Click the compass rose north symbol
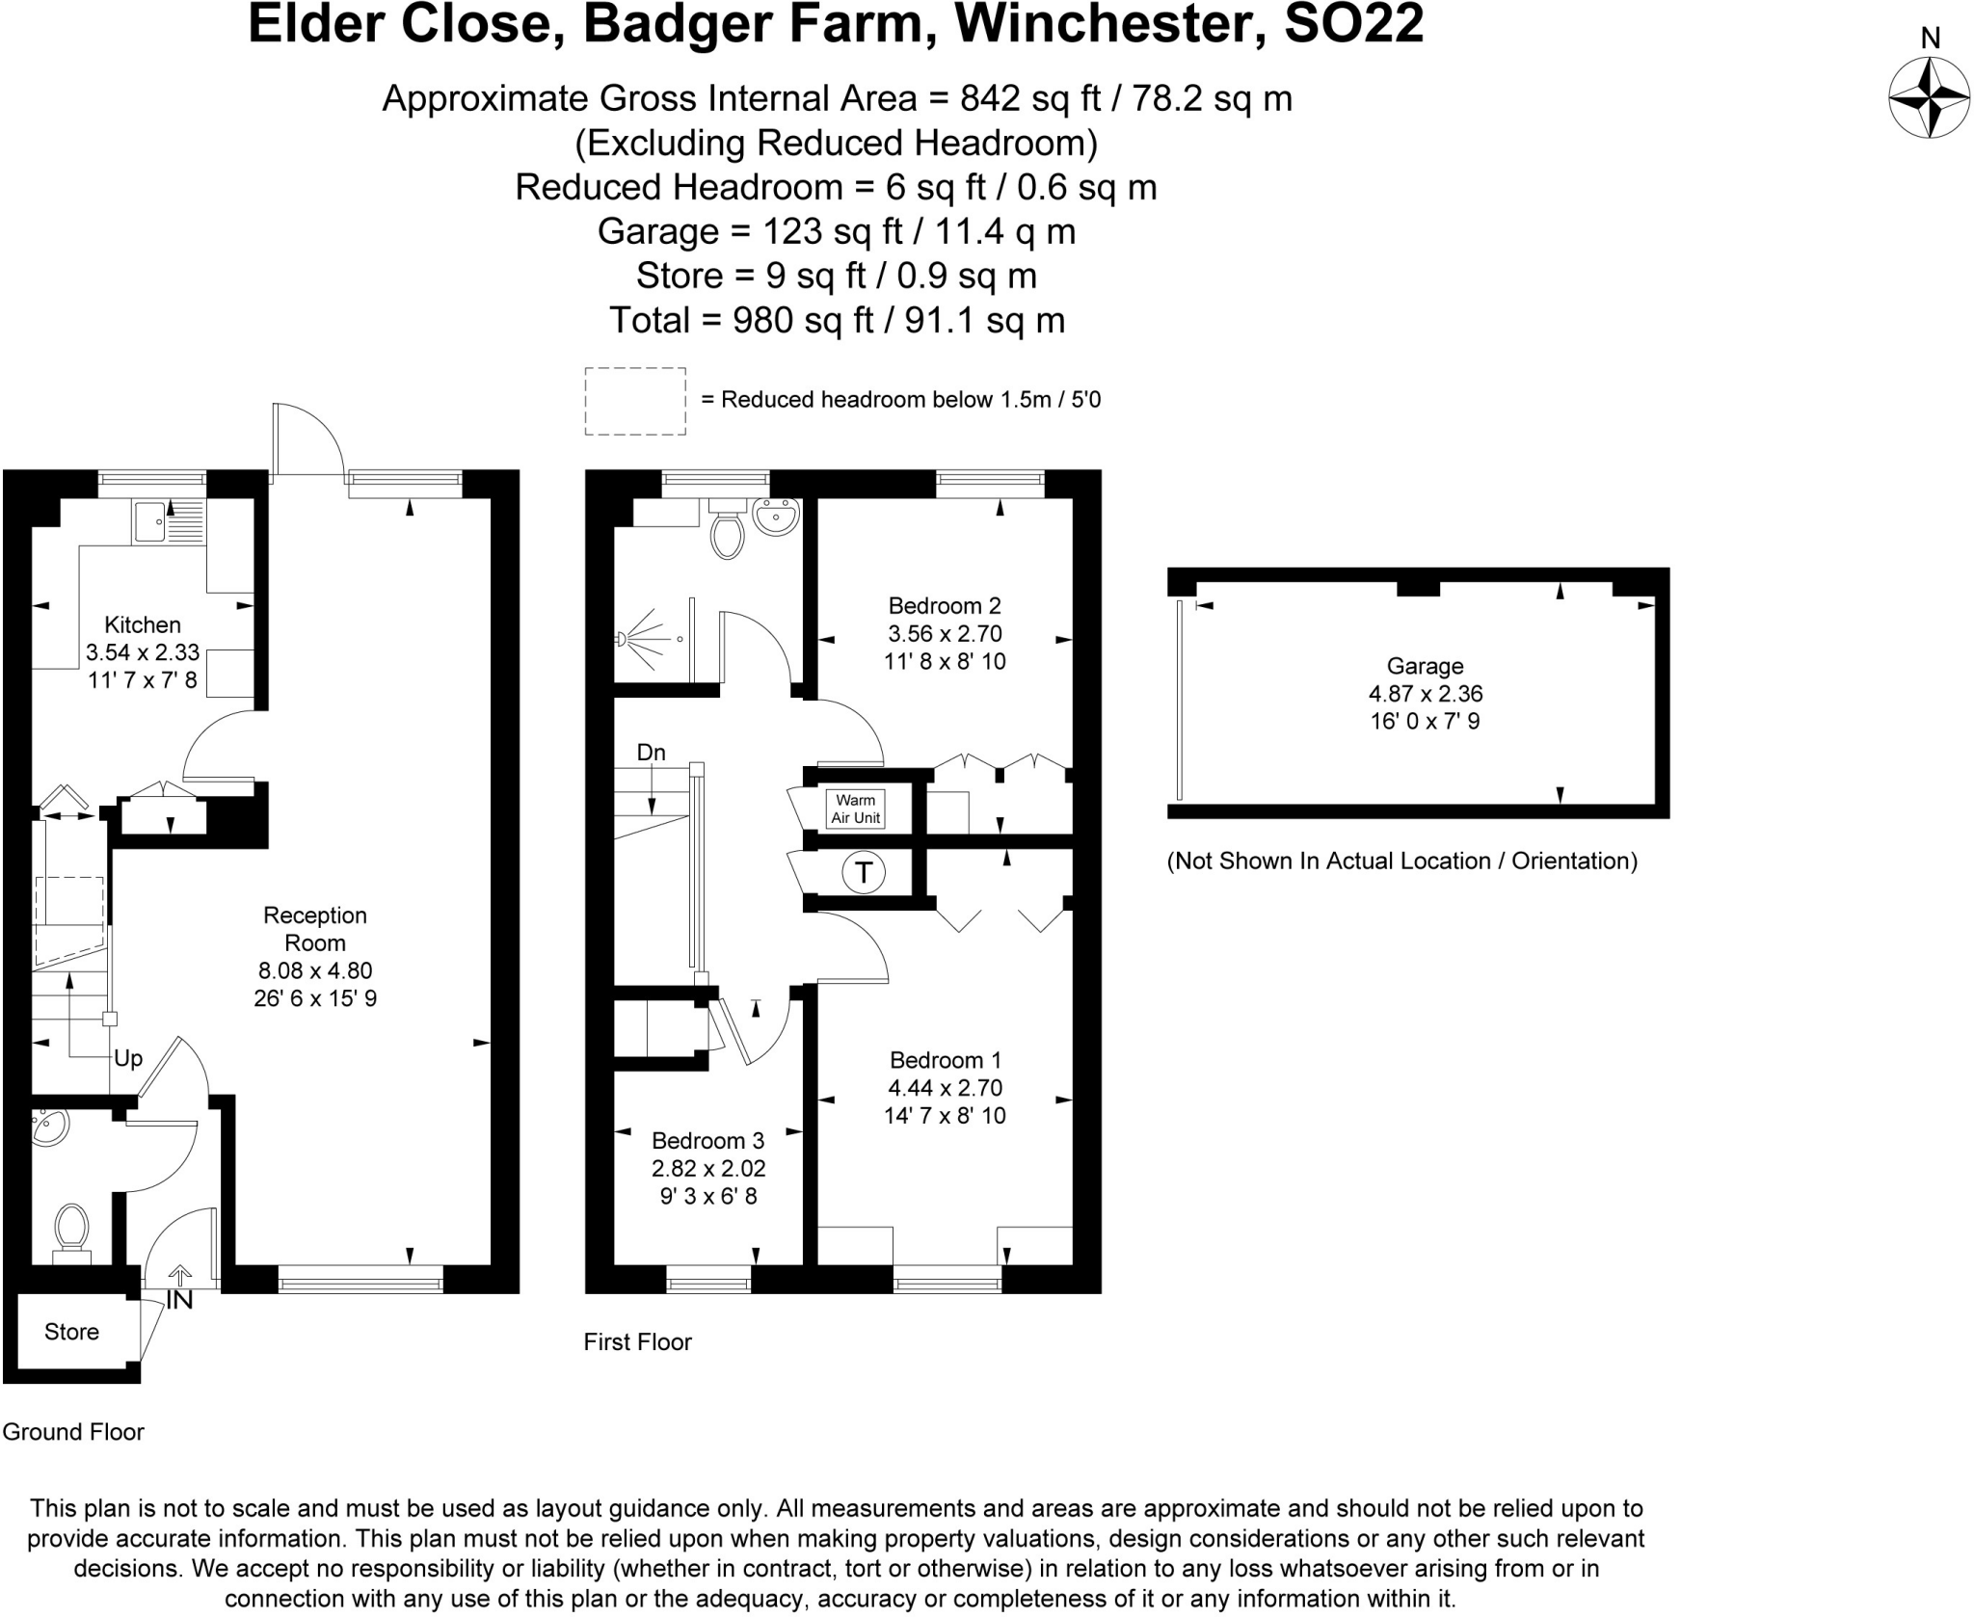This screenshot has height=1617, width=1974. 1929,97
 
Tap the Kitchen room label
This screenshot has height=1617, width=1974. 143,624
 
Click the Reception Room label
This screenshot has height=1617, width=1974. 315,929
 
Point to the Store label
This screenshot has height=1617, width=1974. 71,1332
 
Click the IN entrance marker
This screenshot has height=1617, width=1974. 179,1300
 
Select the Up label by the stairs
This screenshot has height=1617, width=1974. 128,1059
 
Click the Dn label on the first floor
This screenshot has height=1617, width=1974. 652,753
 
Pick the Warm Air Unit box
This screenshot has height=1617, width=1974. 855,808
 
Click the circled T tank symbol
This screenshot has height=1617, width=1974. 864,873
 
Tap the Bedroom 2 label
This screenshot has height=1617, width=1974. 945,606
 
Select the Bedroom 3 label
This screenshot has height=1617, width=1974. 708,1141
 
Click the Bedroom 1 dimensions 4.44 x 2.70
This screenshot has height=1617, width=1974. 945,1088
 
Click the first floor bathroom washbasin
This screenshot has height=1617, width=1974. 776,517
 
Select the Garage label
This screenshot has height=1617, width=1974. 1425,666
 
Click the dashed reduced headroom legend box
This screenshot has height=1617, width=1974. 635,401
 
